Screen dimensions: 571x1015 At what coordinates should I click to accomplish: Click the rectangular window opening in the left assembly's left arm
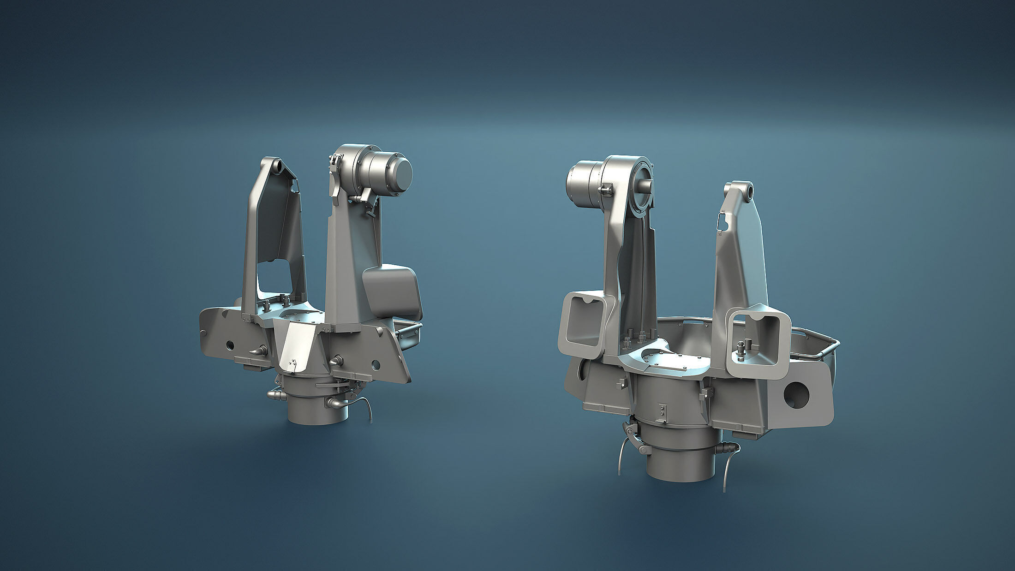[274, 277]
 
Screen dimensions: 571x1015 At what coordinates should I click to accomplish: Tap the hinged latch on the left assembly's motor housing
[335, 175]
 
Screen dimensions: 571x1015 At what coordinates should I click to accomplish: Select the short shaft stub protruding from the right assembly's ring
[645, 186]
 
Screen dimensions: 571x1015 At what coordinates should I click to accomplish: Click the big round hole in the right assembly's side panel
[796, 394]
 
